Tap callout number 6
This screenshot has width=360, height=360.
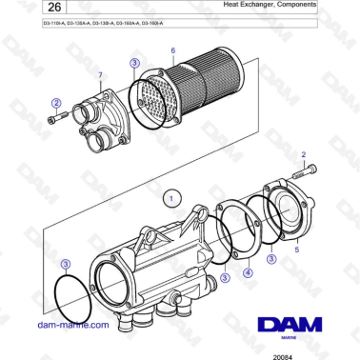tap(172, 50)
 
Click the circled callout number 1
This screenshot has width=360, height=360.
tap(170, 198)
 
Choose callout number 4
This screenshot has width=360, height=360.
tap(248, 271)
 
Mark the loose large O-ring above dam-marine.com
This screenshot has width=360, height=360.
tap(71, 297)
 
